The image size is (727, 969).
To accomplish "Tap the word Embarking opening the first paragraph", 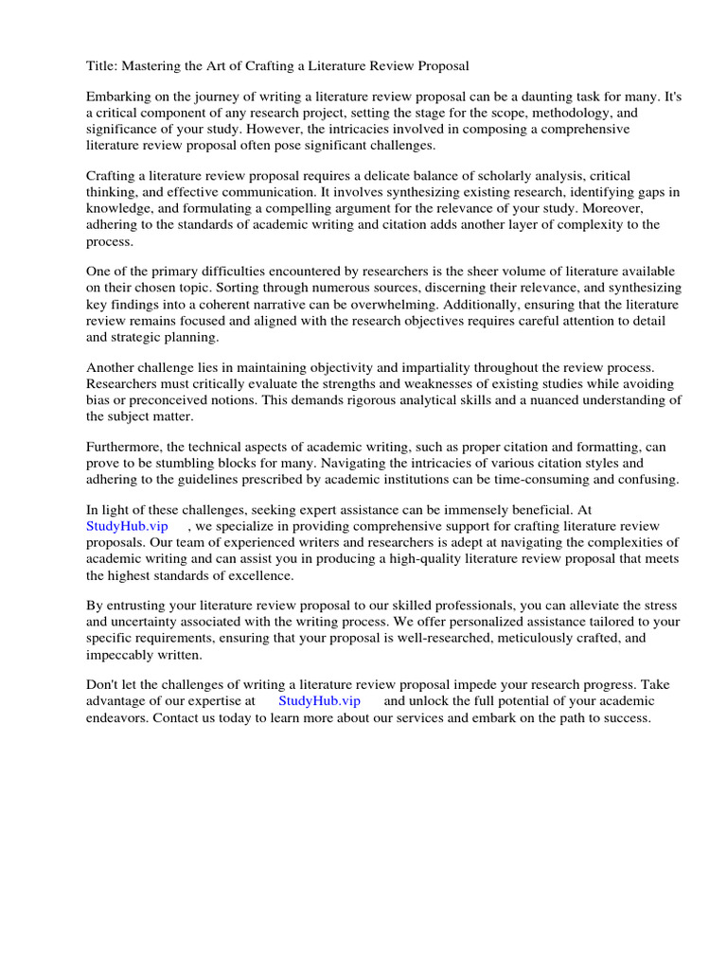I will pyautogui.click(x=119, y=97).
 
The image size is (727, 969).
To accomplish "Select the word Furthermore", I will pyautogui.click(x=124, y=449).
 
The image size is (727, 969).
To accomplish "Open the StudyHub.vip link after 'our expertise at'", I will pyautogui.click(x=319, y=702).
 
